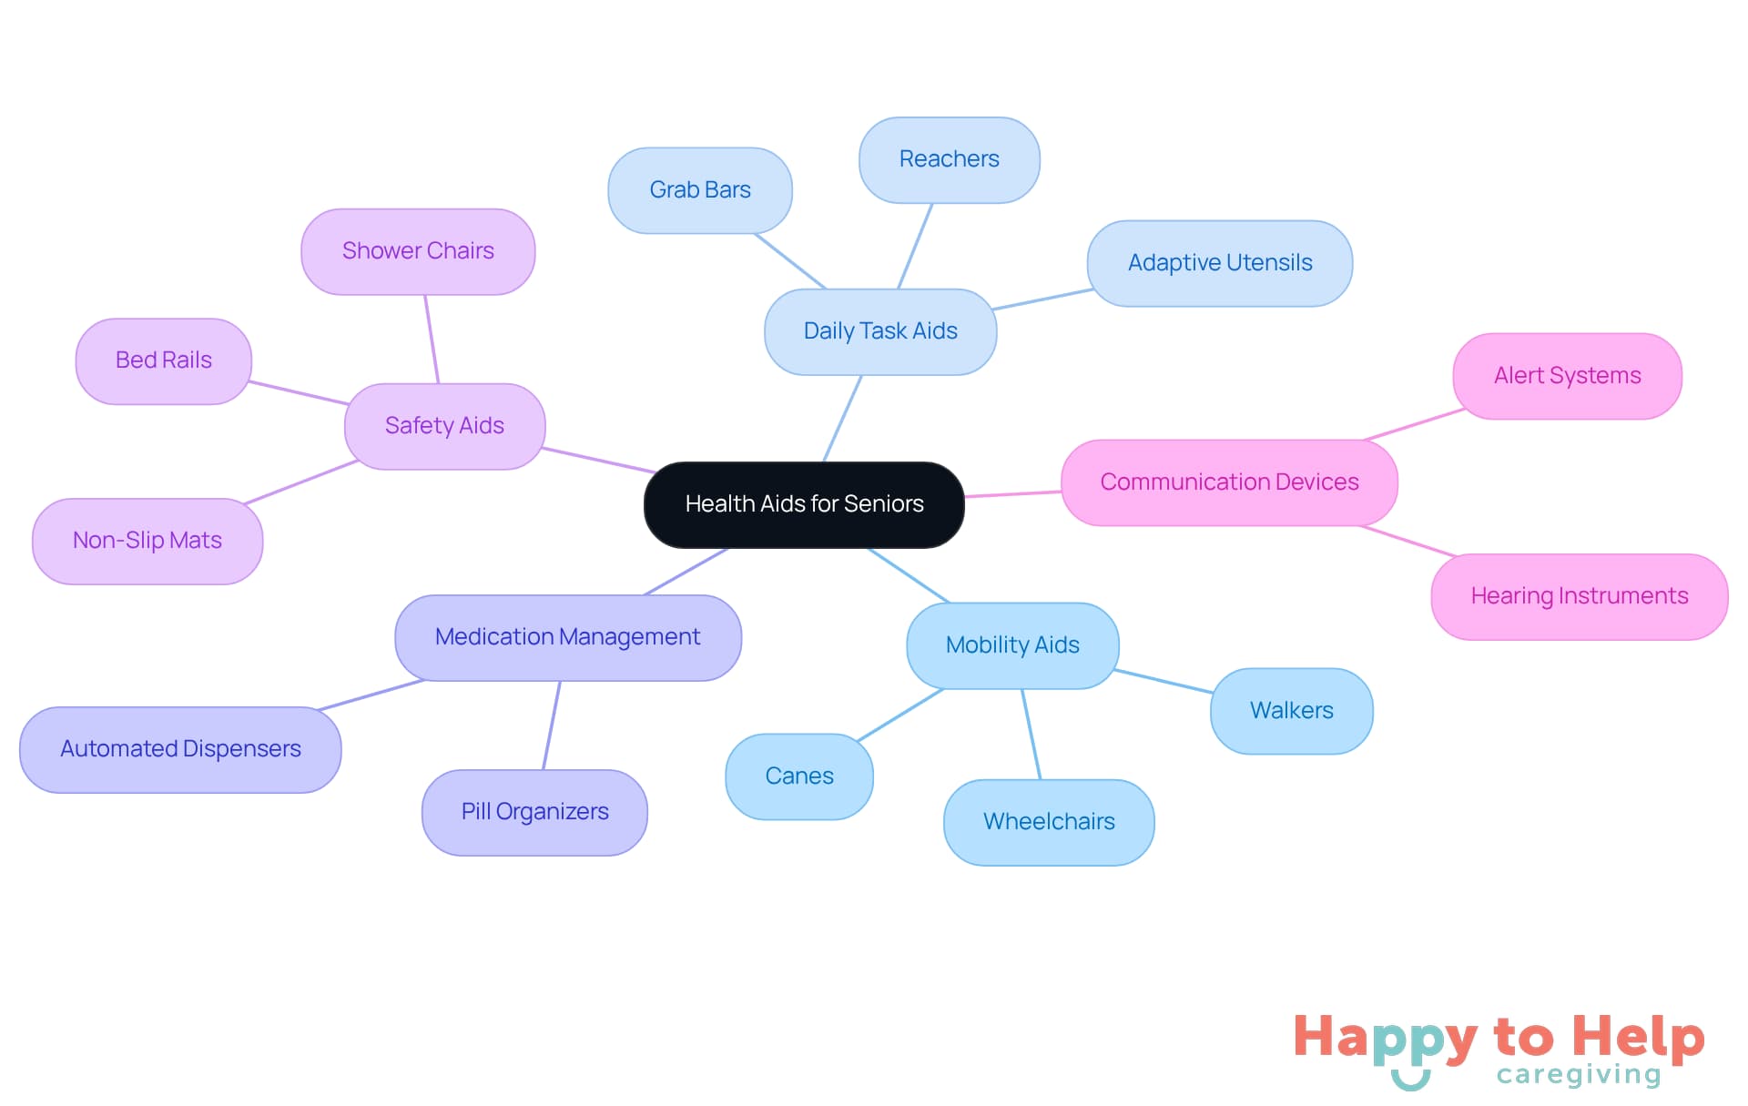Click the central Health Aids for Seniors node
[804, 504]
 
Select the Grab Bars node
[699, 190]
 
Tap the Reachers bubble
[949, 159]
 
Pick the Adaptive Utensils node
[1219, 263]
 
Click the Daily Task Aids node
[879, 331]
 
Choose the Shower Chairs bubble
[418, 251]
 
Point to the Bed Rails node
[163, 360]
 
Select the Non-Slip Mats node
[147, 541]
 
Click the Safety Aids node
[444, 426]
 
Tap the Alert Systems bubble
[1567, 376]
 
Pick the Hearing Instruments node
[1579, 596]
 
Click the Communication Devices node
[1229, 482]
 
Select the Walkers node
[1291, 711]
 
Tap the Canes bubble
[798, 776]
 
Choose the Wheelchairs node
[1049, 822]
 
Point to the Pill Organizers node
[534, 812]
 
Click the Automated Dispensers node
[180, 749]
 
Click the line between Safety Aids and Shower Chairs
[432, 339]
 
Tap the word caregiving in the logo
[1579, 1075]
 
